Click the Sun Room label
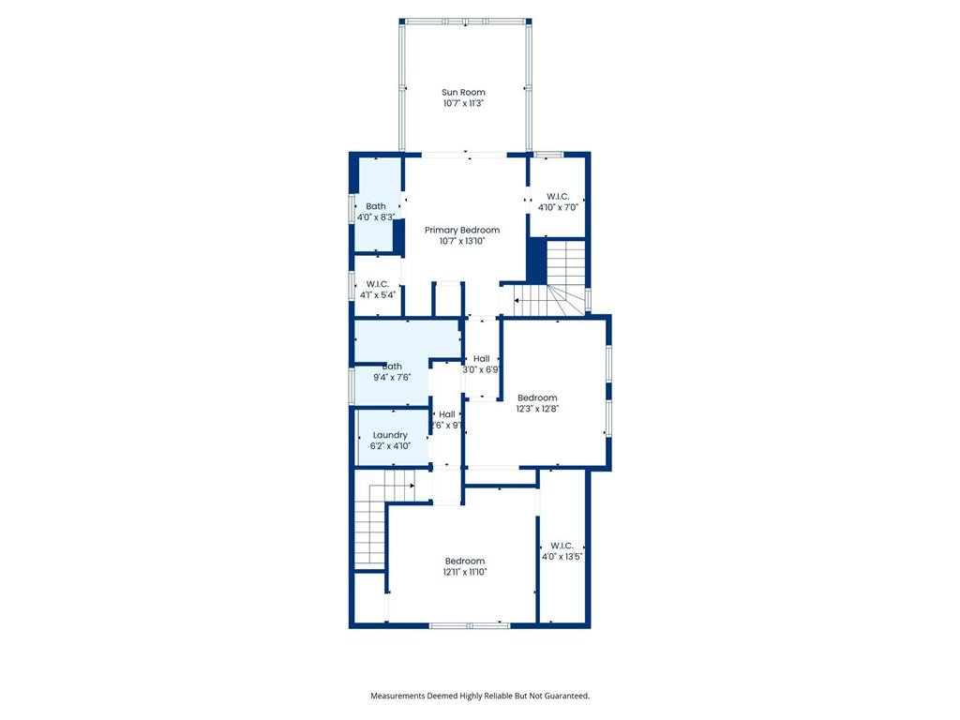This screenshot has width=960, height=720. click(x=463, y=92)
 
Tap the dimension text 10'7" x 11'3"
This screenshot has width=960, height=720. click(x=463, y=104)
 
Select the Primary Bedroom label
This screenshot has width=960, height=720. click(x=461, y=230)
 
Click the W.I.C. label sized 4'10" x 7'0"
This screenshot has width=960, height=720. click(x=558, y=196)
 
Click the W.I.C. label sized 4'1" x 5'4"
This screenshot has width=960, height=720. click(x=378, y=284)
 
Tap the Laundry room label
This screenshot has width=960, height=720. click(x=390, y=435)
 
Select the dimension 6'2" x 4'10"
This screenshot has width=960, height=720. click(x=390, y=446)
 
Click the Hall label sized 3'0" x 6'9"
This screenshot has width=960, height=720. click(x=481, y=358)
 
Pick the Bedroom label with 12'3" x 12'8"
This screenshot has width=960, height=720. click(x=537, y=397)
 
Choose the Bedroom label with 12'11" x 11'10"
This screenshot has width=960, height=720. click(x=465, y=561)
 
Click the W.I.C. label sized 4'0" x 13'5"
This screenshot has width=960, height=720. click(x=562, y=545)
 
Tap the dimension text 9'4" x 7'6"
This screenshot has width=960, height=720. click(x=391, y=378)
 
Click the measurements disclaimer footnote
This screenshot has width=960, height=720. click(x=480, y=696)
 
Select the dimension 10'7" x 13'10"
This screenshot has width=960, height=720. click(x=461, y=241)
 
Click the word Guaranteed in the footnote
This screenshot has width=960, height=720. click(x=567, y=696)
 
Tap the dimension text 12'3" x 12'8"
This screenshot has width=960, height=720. click(x=537, y=408)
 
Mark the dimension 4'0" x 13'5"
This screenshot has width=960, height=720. click(x=562, y=556)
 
